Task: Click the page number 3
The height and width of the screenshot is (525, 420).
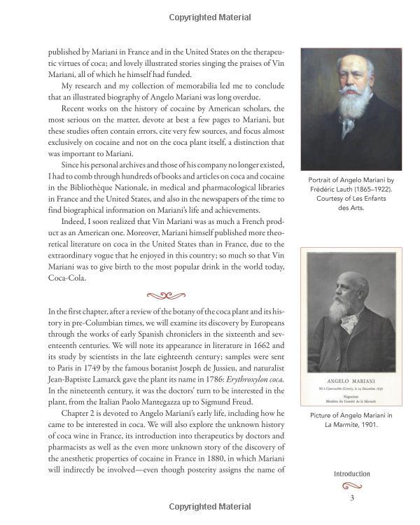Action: tap(352, 498)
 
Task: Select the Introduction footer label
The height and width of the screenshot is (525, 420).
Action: tap(351, 474)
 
